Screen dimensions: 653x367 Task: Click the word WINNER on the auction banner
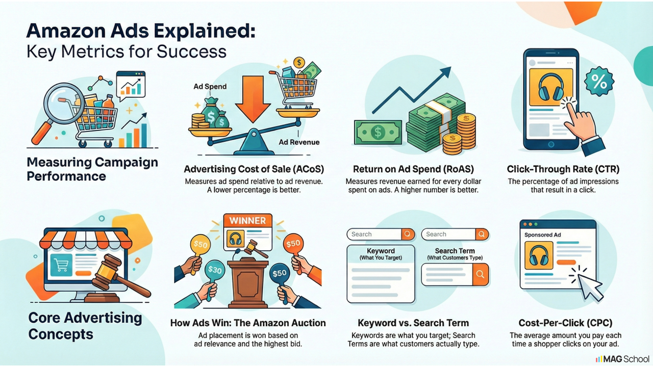pos(247,221)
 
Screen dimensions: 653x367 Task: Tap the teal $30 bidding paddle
pos(215,270)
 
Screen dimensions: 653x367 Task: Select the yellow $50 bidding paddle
pos(200,244)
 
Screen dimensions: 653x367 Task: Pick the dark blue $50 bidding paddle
pos(279,273)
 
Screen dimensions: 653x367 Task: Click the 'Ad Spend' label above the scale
pos(210,87)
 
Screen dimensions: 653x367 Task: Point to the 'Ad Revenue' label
pos(299,142)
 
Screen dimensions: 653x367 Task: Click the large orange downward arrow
pos(253,98)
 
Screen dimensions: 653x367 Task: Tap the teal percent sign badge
pos(599,82)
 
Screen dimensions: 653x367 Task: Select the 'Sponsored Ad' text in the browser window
pos(542,235)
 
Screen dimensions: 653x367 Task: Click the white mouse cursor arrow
pos(589,287)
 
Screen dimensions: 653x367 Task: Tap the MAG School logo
pos(622,359)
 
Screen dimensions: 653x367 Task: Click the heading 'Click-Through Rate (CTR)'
pos(563,169)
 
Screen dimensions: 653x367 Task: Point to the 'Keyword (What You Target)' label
pos(381,254)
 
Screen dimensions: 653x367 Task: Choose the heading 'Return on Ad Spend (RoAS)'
pos(413,169)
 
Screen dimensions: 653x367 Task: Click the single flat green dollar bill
pos(378,133)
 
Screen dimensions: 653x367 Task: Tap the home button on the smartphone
pos(550,144)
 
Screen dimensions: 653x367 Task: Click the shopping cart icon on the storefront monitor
pos(61,265)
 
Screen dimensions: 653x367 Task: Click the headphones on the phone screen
pos(550,87)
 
